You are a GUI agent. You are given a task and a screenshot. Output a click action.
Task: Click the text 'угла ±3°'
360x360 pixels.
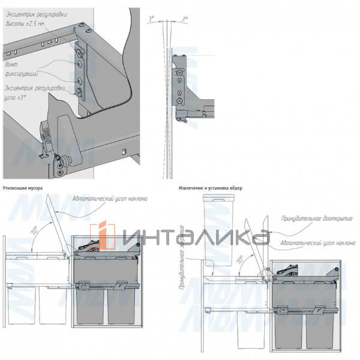[17, 96]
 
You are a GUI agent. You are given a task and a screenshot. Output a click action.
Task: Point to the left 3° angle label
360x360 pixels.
[152, 19]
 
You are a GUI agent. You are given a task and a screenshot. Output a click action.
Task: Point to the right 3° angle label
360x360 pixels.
[185, 19]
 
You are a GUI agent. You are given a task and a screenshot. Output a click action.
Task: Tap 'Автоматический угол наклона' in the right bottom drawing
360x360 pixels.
[312, 241]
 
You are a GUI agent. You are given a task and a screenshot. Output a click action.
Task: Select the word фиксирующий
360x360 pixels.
[22, 73]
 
